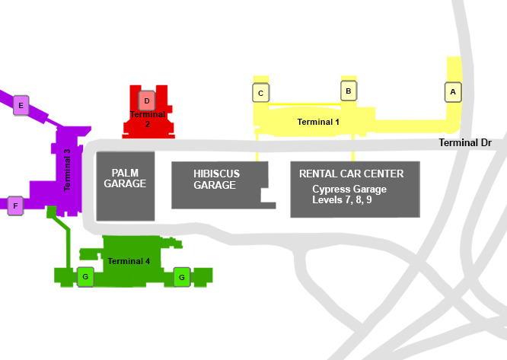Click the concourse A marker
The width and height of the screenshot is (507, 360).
[x=453, y=92]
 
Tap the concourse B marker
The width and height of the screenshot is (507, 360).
[x=349, y=91]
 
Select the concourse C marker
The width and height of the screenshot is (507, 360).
[x=260, y=93]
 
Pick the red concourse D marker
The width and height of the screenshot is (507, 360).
[x=147, y=100]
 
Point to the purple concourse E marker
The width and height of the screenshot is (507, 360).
[x=21, y=105]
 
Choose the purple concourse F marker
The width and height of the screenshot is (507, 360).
[x=15, y=205]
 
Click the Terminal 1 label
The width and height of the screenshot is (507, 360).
[x=318, y=122]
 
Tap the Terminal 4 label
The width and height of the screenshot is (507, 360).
[x=129, y=261]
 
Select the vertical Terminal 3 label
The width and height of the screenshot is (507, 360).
[x=67, y=170]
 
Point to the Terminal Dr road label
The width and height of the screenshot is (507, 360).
[x=465, y=142]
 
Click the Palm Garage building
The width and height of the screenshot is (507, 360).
[x=126, y=186]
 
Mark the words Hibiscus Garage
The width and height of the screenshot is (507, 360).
[x=216, y=180]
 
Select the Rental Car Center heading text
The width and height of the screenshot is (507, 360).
[x=351, y=174]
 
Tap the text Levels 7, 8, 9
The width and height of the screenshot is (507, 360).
[x=342, y=199]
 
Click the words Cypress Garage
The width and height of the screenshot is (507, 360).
[x=349, y=189]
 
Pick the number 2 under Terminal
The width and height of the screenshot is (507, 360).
[x=148, y=124]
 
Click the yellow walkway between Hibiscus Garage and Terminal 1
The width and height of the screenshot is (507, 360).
[x=257, y=148]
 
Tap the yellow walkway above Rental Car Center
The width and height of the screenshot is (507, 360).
[x=353, y=148]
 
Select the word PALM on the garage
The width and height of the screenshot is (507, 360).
[x=125, y=173]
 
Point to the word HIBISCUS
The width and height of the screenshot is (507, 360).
[x=217, y=174]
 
